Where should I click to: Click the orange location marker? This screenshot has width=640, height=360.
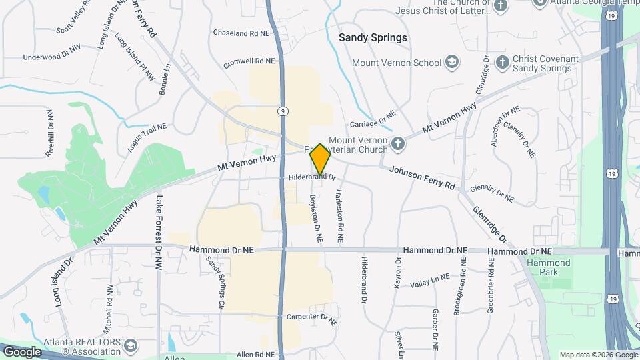point(320,159)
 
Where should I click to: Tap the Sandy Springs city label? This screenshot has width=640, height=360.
point(373,37)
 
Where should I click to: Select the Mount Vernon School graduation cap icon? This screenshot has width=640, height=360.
point(453,63)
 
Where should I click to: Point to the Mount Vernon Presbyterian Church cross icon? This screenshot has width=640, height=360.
point(397,143)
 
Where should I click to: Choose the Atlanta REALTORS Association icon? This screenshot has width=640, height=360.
point(131,345)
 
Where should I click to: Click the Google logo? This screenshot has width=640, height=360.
point(21,352)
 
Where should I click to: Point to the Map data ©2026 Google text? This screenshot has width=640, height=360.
point(598,355)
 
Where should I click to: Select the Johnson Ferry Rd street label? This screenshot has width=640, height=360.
point(422,176)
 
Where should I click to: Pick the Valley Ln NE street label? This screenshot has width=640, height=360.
point(430,282)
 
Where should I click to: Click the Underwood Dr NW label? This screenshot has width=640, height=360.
point(51,57)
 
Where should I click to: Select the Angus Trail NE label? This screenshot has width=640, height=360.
point(142,135)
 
